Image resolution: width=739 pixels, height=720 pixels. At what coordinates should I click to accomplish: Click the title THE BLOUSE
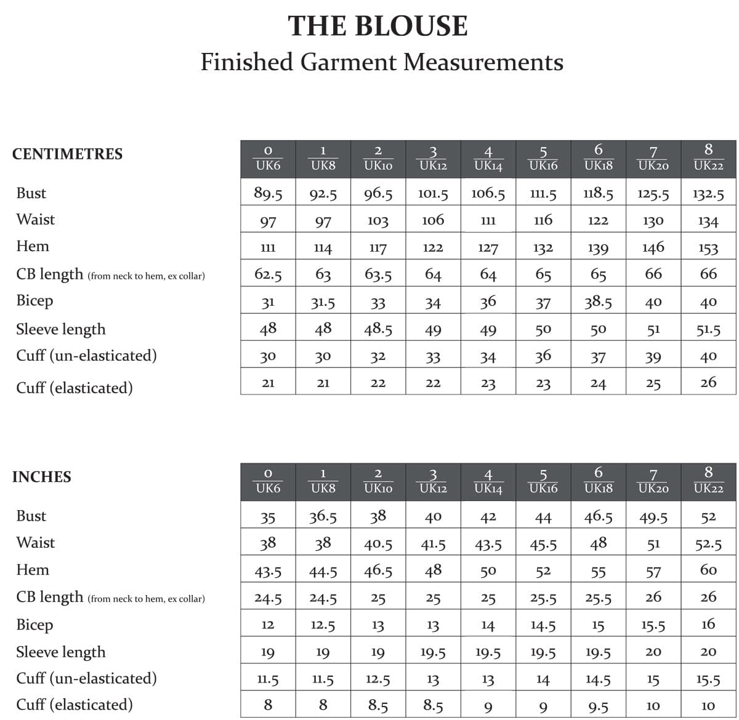pyautogui.click(x=378, y=26)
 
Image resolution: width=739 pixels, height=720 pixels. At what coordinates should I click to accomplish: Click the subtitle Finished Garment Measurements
pyautogui.click(x=382, y=62)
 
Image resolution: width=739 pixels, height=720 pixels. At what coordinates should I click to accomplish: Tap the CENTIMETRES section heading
pyautogui.click(x=67, y=154)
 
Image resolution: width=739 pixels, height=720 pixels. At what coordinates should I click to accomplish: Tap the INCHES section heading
pyautogui.click(x=41, y=477)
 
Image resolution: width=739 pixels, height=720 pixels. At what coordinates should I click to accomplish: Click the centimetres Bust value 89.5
pyautogui.click(x=268, y=194)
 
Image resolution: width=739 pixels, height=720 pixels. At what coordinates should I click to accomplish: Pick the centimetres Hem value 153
pyautogui.click(x=708, y=249)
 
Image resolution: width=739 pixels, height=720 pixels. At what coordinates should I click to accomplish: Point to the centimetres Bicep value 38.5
pyautogui.click(x=598, y=302)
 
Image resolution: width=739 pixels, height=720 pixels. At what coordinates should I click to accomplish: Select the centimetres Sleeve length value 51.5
pyautogui.click(x=708, y=330)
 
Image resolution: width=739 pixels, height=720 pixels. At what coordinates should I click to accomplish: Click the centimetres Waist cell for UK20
pyautogui.click(x=653, y=221)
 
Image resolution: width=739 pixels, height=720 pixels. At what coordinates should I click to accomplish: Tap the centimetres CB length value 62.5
pyautogui.click(x=268, y=274)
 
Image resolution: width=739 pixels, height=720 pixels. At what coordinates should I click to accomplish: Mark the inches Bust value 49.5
pyautogui.click(x=653, y=518)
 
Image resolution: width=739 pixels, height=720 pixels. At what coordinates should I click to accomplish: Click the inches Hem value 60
pyautogui.click(x=708, y=570)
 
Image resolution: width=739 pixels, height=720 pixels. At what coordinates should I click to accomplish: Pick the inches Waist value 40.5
pyautogui.click(x=378, y=545)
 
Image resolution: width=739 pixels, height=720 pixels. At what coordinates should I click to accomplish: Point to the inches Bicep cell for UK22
pyautogui.click(x=708, y=625)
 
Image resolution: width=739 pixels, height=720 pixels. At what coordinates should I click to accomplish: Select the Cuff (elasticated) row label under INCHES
pyautogui.click(x=74, y=705)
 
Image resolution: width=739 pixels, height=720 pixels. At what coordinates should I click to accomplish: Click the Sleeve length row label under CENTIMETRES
pyautogui.click(x=60, y=329)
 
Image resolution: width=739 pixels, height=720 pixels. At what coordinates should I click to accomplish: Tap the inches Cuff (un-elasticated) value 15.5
pyautogui.click(x=708, y=680)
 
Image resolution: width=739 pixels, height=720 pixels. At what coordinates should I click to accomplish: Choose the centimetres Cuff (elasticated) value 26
pyautogui.click(x=708, y=383)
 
